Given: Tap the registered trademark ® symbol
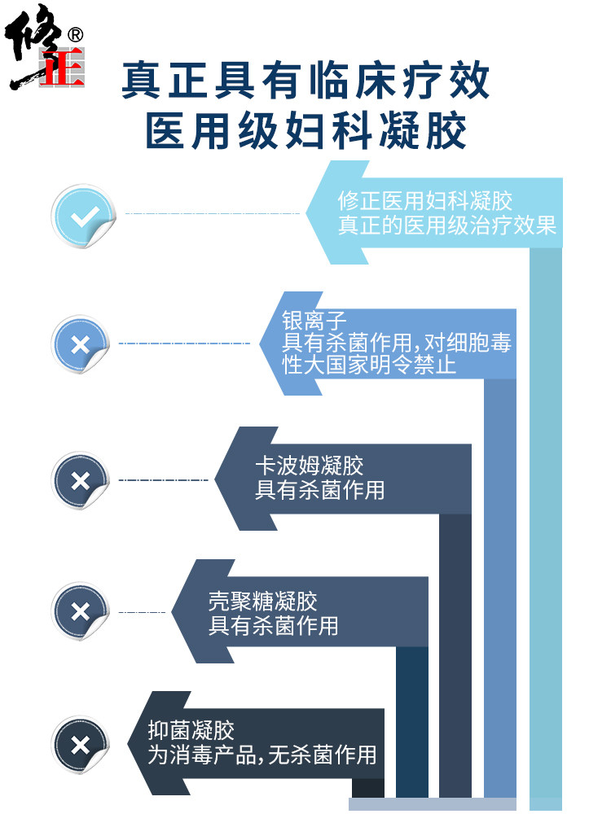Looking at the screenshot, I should [x=76, y=35].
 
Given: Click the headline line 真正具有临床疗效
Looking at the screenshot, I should [x=305, y=81].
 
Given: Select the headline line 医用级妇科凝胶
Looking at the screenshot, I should [x=305, y=131].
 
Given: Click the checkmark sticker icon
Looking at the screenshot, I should [x=81, y=216].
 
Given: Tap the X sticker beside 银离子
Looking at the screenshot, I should [x=81, y=344].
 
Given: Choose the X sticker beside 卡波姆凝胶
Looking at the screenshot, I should [x=81, y=481].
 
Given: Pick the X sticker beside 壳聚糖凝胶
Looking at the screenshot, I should [x=81, y=611].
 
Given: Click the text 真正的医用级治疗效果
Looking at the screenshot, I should [x=447, y=225].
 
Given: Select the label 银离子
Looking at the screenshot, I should [x=303, y=320].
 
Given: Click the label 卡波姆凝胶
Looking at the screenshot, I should [x=309, y=466].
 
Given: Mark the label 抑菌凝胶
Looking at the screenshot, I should [x=191, y=730].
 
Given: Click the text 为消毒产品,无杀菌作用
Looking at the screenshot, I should [x=262, y=755].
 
